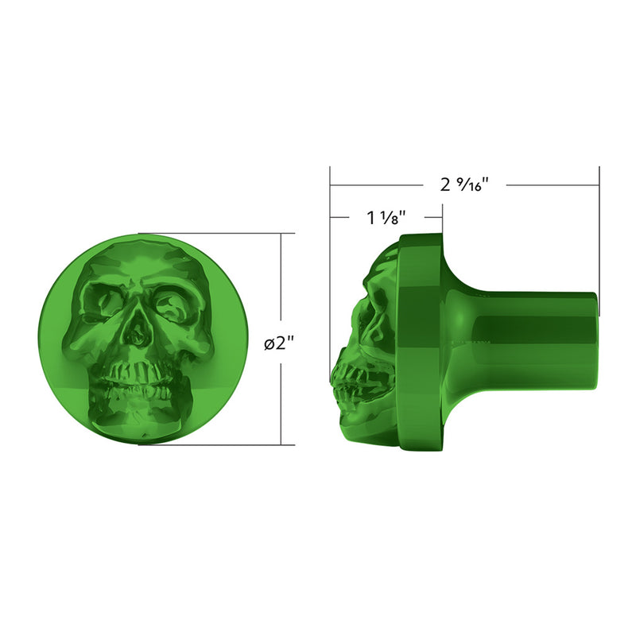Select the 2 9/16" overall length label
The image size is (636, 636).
[x=463, y=184]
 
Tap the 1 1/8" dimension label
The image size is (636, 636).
[x=386, y=217]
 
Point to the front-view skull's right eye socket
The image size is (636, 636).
[x=171, y=302]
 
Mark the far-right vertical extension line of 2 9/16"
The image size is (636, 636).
[x=599, y=238]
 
